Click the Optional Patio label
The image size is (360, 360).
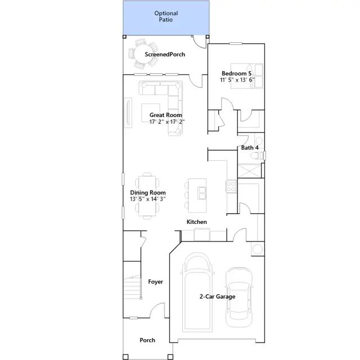click(166, 16)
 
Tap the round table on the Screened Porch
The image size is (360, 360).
click(144, 55)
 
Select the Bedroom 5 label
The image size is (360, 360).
click(236, 74)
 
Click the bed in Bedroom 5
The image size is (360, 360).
click(247, 76)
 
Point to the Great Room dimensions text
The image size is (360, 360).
click(167, 121)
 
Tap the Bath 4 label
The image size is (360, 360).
click(250, 147)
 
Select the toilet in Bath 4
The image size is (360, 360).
click(257, 156)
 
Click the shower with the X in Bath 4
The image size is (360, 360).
click(250, 170)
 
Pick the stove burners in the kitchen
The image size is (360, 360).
click(231, 186)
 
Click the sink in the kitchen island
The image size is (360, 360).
click(202, 193)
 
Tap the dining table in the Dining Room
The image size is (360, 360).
click(147, 196)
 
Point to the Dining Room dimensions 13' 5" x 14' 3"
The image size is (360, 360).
click(148, 199)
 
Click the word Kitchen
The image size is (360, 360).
click(197, 222)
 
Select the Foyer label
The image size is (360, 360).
click(155, 282)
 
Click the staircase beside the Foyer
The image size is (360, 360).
click(132, 287)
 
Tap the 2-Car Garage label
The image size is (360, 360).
click(218, 296)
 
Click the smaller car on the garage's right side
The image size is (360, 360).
click(238, 297)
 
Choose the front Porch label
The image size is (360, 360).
click(147, 340)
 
